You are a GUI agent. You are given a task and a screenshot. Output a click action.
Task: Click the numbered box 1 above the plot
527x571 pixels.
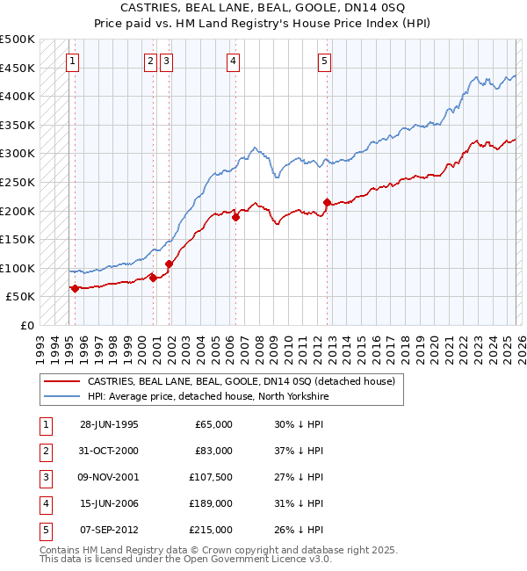click(x=71, y=61)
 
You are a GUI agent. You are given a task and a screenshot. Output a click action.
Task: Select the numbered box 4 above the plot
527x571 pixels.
click(x=233, y=61)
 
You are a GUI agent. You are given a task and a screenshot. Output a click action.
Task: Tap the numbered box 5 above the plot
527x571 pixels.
click(x=324, y=61)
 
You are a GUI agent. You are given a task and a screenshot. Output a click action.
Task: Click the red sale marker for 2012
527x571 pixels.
click(x=327, y=202)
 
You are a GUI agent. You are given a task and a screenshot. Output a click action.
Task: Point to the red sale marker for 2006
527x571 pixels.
click(x=235, y=217)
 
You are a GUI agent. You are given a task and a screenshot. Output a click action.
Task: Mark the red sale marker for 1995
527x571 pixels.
click(x=75, y=288)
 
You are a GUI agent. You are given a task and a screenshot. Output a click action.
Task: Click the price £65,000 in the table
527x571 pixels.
click(x=213, y=423)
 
